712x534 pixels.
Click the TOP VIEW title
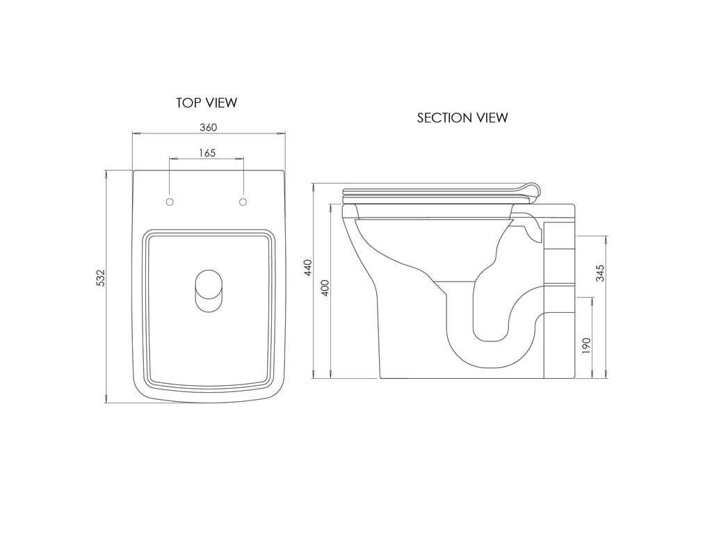pyautogui.click(x=207, y=103)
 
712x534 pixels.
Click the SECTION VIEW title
pyautogui.click(x=462, y=118)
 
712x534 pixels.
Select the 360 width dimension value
pyautogui.click(x=209, y=127)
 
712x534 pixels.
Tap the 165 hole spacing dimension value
pyautogui.click(x=207, y=152)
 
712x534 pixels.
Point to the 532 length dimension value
pyautogui.click(x=100, y=278)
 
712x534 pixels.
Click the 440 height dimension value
pyautogui.click(x=308, y=268)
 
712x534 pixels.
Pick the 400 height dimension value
pyautogui.click(x=325, y=289)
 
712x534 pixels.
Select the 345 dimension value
pyautogui.click(x=600, y=273)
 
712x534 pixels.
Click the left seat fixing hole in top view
pyautogui.click(x=170, y=201)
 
